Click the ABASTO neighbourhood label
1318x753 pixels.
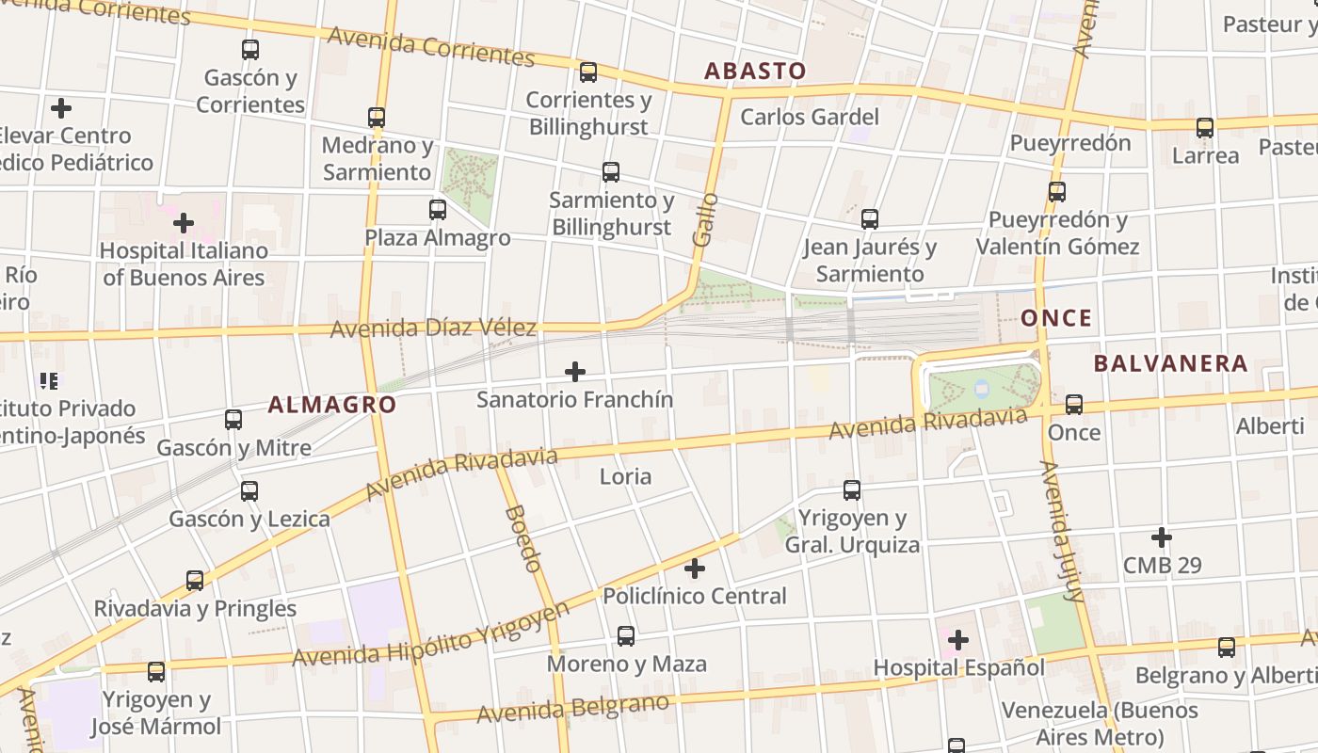755,71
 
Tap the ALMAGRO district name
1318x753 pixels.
331,405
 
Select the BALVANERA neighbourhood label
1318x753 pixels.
1170,363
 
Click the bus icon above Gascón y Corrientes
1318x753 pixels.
250,50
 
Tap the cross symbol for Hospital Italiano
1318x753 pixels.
184,223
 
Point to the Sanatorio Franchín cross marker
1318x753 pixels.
574,372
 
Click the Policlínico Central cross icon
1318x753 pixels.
694,569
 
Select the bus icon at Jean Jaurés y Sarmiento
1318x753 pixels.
870,219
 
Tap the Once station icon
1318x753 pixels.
1074,405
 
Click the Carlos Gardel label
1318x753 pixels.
810,117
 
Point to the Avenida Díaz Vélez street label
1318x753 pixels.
433,328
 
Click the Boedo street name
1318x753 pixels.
523,538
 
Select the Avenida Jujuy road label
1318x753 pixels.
1063,531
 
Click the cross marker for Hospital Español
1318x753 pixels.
958,641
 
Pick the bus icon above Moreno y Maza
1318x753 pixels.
626,636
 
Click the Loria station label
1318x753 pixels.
625,476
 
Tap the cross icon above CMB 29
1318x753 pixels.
1162,537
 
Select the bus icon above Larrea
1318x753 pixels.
1205,128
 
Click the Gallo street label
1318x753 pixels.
704,220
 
